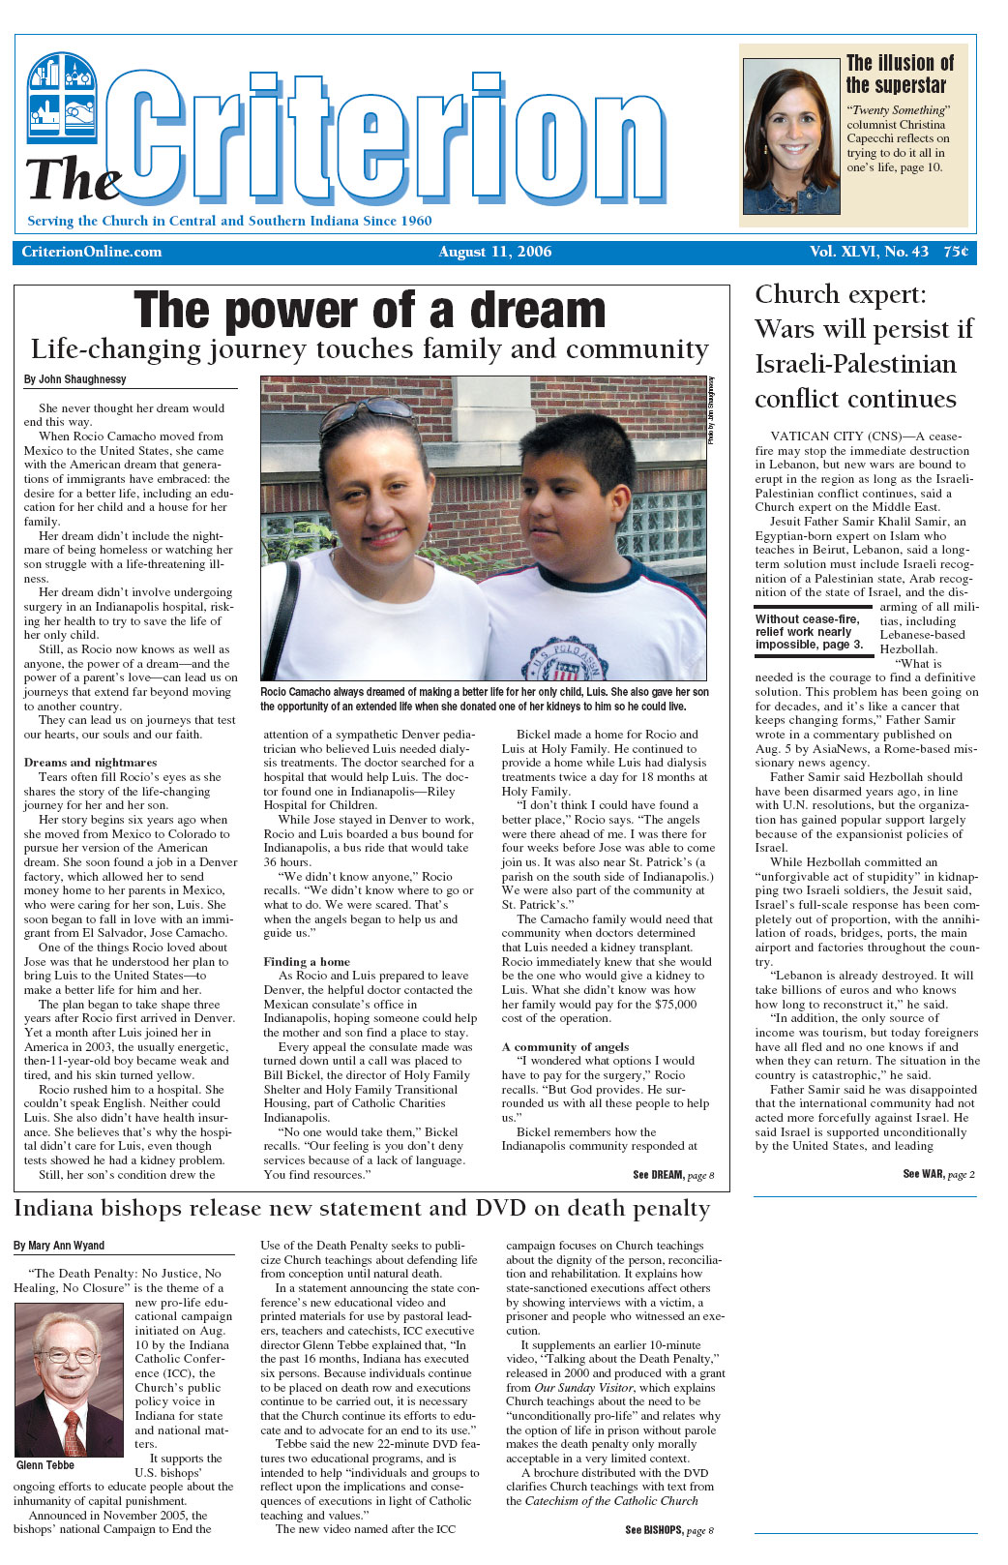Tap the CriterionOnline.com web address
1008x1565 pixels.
pyautogui.click(x=92, y=252)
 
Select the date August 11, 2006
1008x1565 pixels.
pyautogui.click(x=494, y=252)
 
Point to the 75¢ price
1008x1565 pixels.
pyautogui.click(x=956, y=252)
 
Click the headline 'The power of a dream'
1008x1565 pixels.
pyautogui.click(x=370, y=311)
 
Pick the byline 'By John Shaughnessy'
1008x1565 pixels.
pyautogui.click(x=75, y=379)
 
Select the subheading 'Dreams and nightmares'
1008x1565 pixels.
pyautogui.click(x=90, y=762)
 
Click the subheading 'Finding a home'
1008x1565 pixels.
pyautogui.click(x=307, y=961)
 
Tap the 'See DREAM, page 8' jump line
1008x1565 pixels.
pyautogui.click(x=672, y=1175)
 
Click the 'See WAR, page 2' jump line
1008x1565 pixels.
pyautogui.click(x=938, y=1174)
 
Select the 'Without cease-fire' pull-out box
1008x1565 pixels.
pyautogui.click(x=809, y=631)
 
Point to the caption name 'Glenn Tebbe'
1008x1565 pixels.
pyautogui.click(x=45, y=1464)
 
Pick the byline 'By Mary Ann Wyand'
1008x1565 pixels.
pyautogui.click(x=59, y=1246)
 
